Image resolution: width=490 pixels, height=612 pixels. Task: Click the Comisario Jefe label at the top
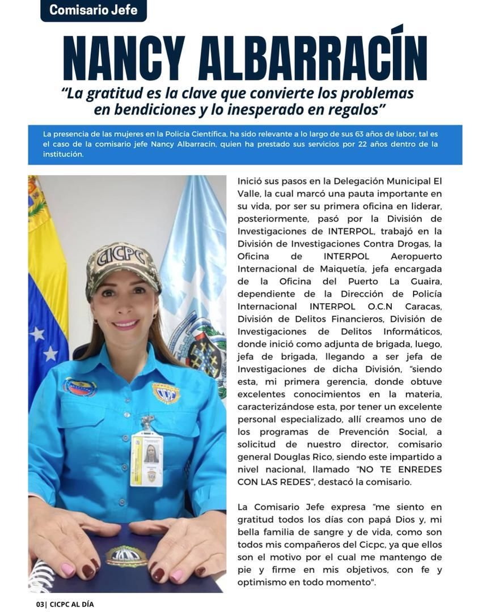point(93,10)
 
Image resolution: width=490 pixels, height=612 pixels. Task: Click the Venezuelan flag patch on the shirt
point(79,387)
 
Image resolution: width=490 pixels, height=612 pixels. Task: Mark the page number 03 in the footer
point(40,605)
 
